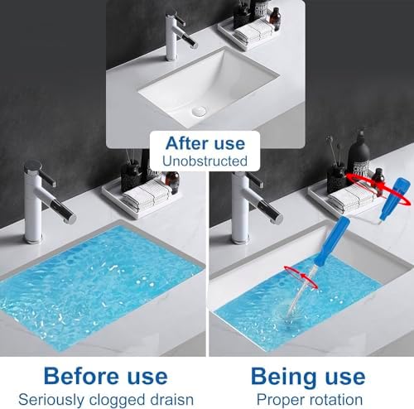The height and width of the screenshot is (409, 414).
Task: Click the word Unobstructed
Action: coord(205,161)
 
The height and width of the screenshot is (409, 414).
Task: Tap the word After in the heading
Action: coord(186,143)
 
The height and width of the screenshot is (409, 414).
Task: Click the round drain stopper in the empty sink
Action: coord(199,112)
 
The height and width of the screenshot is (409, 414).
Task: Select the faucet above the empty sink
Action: coord(179,35)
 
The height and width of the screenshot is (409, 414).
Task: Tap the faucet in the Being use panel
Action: coord(250,207)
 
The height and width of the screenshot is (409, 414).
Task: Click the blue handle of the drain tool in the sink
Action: coord(331,241)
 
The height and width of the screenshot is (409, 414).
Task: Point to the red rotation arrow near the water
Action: coord(301,277)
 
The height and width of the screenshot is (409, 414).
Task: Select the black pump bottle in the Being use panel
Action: coord(358,155)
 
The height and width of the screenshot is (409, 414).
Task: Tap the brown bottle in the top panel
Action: coord(275,19)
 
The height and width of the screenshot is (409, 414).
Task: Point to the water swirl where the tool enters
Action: coord(285,317)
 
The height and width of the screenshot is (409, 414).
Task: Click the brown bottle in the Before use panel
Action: coord(173,183)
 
